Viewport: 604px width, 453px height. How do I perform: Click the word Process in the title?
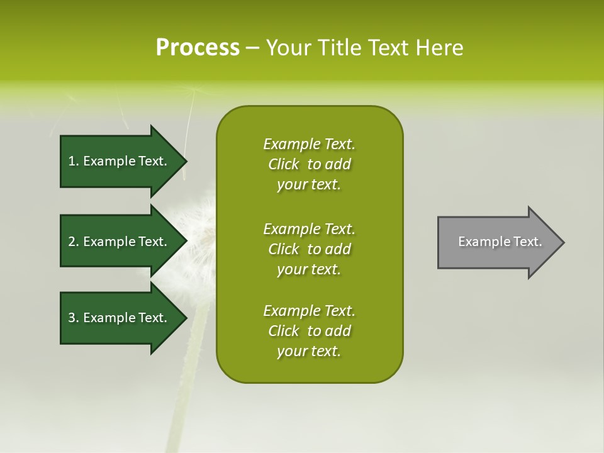(x=198, y=48)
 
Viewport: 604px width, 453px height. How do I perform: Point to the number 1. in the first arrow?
(x=74, y=161)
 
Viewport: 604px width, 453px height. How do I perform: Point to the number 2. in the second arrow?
(x=74, y=242)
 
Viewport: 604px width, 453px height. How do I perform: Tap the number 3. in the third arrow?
(x=74, y=318)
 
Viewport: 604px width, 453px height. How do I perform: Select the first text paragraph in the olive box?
(x=310, y=164)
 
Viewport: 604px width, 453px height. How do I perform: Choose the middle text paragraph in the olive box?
(x=310, y=249)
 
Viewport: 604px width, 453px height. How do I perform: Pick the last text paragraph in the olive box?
(x=310, y=331)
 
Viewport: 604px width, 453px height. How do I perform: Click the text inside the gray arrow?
(x=500, y=242)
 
